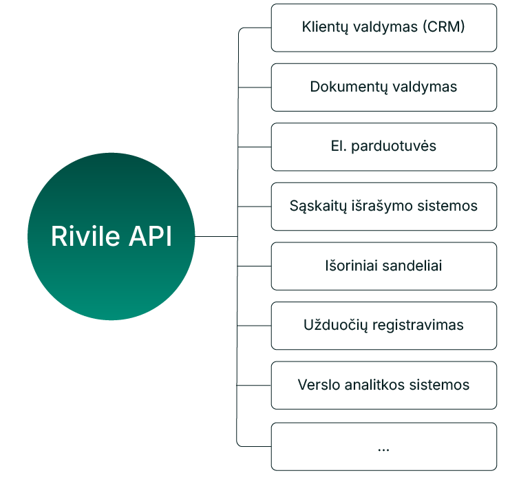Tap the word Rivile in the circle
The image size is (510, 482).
pos(80,237)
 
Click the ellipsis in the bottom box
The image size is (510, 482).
pos(383,448)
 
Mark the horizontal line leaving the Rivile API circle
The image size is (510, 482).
pos(216,236)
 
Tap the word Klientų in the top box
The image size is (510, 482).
pos(326,28)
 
